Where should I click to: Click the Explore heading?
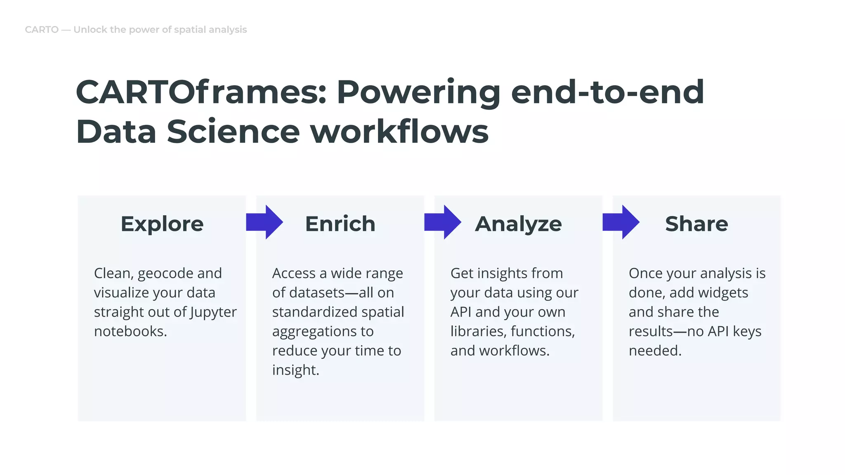162,224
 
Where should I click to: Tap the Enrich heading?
340,224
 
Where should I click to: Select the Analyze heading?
518,224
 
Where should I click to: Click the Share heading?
696,224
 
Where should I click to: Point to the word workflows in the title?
399,132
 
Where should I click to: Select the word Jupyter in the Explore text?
213,312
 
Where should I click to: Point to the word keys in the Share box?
747,332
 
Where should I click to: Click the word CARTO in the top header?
42,30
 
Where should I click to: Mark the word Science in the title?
233,132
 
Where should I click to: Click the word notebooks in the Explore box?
130,332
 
